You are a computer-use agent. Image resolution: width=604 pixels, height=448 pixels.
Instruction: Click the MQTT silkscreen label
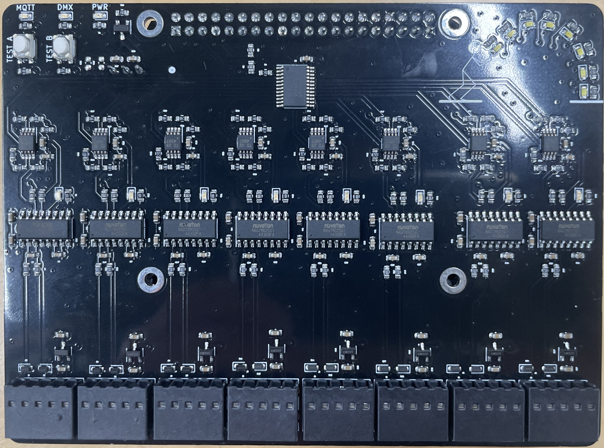tap(26, 8)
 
